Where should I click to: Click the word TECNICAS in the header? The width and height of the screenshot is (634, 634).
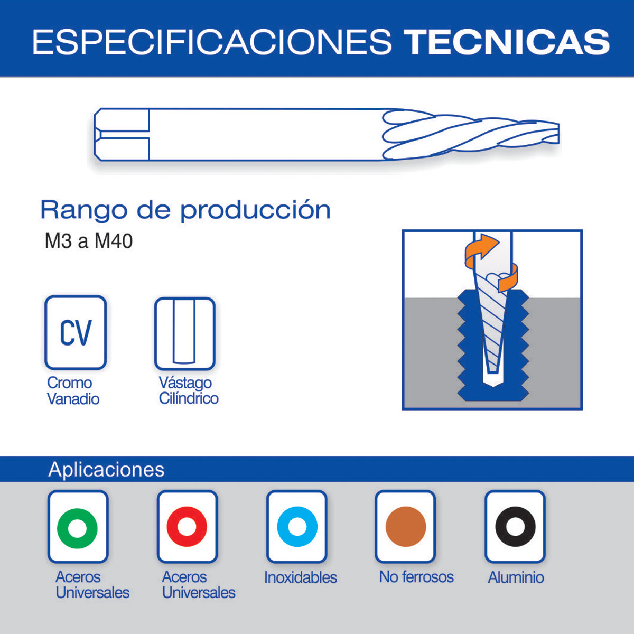click(x=507, y=42)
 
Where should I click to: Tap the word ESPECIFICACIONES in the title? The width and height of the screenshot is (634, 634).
click(x=212, y=42)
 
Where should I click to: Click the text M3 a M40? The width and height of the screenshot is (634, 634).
click(x=89, y=241)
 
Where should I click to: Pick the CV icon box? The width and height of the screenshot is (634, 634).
click(x=76, y=332)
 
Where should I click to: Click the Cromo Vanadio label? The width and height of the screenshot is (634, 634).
click(x=73, y=391)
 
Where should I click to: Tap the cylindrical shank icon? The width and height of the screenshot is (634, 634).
click(x=184, y=333)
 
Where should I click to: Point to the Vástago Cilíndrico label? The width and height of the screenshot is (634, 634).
click(x=189, y=390)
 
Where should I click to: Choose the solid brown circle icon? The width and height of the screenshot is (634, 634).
click(x=406, y=527)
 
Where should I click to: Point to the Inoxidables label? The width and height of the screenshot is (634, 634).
click(x=301, y=577)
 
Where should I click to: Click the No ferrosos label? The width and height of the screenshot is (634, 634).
click(x=416, y=577)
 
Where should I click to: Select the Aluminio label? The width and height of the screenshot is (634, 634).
click(x=516, y=577)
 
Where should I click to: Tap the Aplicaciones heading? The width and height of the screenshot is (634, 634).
click(x=106, y=469)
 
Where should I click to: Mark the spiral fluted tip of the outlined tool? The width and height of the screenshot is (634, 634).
click(x=471, y=134)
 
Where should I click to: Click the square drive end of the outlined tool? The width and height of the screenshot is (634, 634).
click(x=122, y=134)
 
